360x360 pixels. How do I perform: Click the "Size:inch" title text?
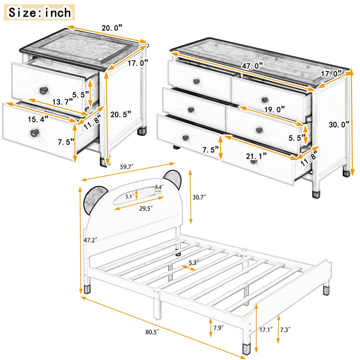coord(40,12)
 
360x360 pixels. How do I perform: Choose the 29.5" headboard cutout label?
coord(146,208)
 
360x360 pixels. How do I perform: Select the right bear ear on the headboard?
coord(172,179)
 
